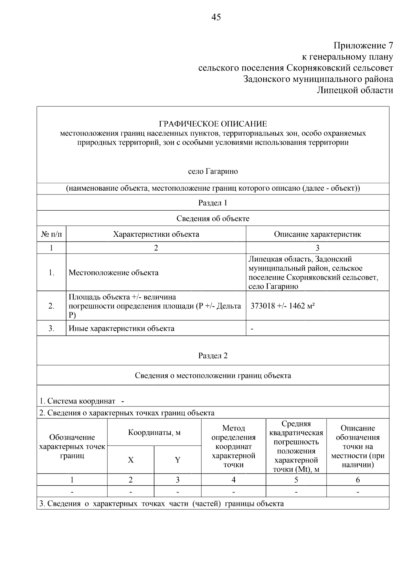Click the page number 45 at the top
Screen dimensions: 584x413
(216, 17)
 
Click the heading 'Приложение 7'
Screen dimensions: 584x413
(363, 45)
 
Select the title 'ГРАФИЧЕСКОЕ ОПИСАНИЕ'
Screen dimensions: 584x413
(213, 124)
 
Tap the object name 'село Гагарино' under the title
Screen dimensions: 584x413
(213, 171)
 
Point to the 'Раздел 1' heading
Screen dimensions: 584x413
(213, 203)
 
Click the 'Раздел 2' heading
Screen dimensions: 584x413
(213, 356)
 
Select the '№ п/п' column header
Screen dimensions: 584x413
(52, 234)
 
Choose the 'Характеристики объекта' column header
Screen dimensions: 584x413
(156, 234)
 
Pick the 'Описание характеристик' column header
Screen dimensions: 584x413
(317, 234)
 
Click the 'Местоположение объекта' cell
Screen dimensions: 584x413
(114, 273)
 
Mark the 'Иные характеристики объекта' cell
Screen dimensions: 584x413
(121, 329)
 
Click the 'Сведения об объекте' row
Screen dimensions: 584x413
(213, 219)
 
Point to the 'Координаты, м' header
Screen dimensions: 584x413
(154, 433)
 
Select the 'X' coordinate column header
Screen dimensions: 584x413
(131, 460)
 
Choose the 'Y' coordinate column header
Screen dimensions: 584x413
(178, 460)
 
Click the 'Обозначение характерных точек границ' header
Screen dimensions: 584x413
(72, 447)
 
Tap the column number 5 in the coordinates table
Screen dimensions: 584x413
(296, 480)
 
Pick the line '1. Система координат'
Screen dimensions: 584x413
(77, 401)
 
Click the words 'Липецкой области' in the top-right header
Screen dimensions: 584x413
(355, 91)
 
